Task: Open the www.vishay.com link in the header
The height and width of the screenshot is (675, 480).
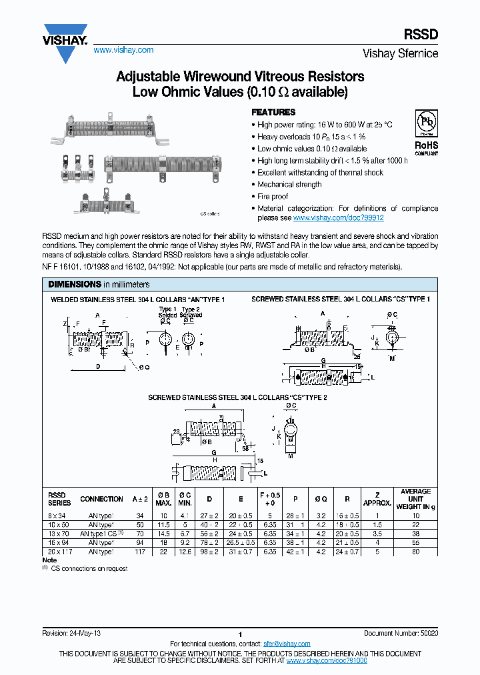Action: pyautogui.click(x=123, y=51)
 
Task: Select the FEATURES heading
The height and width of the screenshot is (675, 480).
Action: pyautogui.click(x=273, y=113)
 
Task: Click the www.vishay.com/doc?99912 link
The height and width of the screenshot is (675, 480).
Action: pyautogui.click(x=338, y=218)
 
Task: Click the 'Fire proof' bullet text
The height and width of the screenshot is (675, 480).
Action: pyautogui.click(x=273, y=197)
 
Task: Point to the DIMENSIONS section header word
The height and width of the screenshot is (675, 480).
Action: pyautogui.click(x=74, y=284)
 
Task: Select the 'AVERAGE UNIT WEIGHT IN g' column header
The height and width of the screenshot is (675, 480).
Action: pyautogui.click(x=415, y=499)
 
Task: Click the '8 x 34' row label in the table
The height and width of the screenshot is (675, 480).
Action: pyautogui.click(x=59, y=516)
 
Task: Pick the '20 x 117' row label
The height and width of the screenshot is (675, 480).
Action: pyautogui.click(x=59, y=552)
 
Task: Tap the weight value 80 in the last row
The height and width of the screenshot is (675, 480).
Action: pyautogui.click(x=415, y=552)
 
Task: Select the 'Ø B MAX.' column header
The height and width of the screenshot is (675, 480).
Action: pyautogui.click(x=163, y=499)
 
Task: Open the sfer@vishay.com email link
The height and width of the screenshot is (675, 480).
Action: pyautogui.click(x=287, y=644)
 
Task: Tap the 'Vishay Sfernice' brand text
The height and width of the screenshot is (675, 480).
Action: pyautogui.click(x=400, y=53)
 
